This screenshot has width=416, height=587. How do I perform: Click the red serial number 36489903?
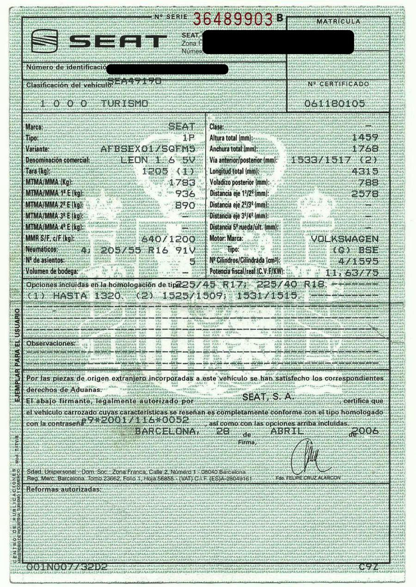point(233,19)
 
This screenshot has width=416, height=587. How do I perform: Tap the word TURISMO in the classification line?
point(125,104)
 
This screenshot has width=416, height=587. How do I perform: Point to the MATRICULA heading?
point(339,22)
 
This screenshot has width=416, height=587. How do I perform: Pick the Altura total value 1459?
point(365,137)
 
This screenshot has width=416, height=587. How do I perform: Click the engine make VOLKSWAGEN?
point(344,239)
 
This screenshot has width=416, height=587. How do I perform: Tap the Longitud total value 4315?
point(365,171)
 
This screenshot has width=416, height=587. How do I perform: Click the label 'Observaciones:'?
point(51,343)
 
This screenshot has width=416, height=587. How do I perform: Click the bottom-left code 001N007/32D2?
point(61,566)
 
